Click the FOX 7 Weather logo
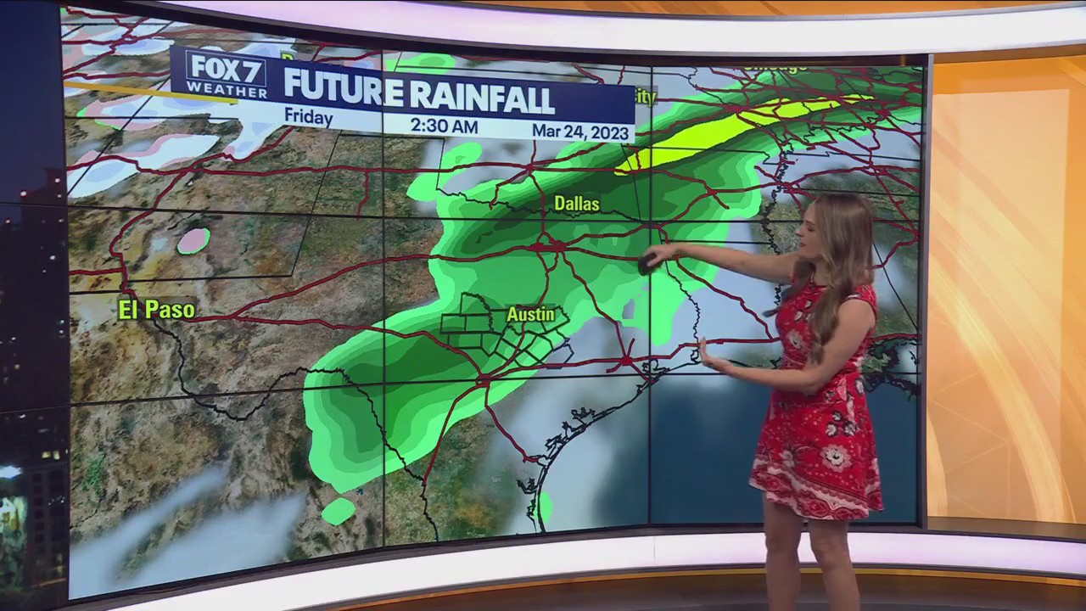pyautogui.click(x=226, y=75)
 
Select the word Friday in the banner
pyautogui.click(x=308, y=117)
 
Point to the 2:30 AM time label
pyautogui.click(x=444, y=126)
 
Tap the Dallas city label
pyautogui.click(x=577, y=204)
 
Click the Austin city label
pyautogui.click(x=531, y=315)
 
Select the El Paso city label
pyautogui.click(x=156, y=310)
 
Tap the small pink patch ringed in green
pyautogui.click(x=194, y=240)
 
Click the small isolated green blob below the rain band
pyautogui.click(x=339, y=511)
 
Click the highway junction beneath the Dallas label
pyautogui.click(x=557, y=246)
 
